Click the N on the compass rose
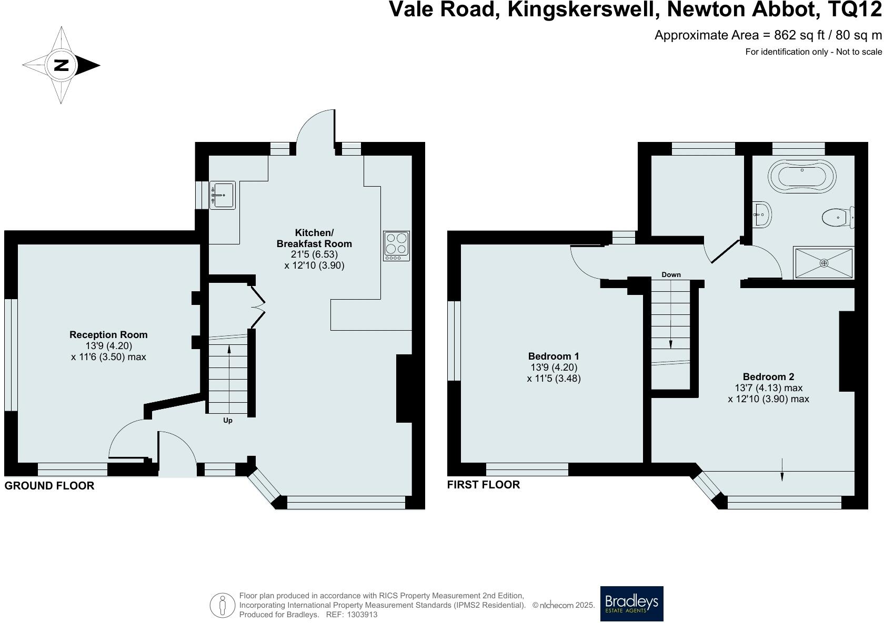coord(62,66)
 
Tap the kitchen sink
coord(222,195)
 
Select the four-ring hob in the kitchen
coord(397,246)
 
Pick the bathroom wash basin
coord(761,213)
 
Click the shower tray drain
coord(824,263)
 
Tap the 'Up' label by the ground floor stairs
coord(228,421)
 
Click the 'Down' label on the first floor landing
coord(671,274)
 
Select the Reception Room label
coord(108,335)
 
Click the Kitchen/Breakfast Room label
coord(314,238)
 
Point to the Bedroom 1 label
coord(554,356)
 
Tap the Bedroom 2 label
coord(768,376)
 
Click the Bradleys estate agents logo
coord(631,604)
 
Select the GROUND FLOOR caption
coord(49,486)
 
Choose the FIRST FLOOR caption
coord(483,485)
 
